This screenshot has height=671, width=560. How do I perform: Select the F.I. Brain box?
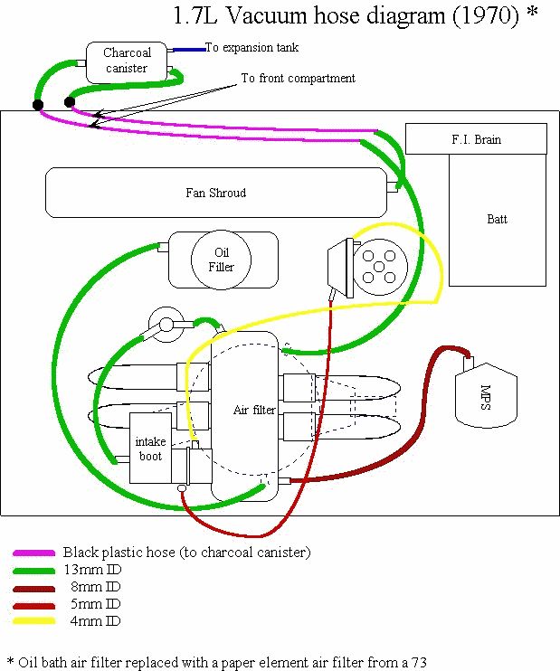tap(476, 140)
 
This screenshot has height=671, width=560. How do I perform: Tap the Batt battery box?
tap(498, 219)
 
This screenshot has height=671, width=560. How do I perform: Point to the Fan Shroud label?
tap(215, 193)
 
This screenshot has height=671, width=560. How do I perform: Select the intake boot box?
tap(150, 448)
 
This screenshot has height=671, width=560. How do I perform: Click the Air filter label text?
tap(254, 410)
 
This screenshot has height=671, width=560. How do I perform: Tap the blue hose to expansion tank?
tap(189, 50)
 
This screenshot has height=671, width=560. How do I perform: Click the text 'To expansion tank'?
tap(252, 47)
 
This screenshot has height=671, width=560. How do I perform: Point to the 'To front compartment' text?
tap(298, 79)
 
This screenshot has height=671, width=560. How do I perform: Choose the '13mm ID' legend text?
tap(91, 570)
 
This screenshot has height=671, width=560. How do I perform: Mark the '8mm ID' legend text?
tap(95, 587)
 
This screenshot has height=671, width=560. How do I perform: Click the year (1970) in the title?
tap(478, 15)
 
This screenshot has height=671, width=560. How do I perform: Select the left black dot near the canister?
tap(38, 105)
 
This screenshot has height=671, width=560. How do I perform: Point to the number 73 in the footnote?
tap(418, 661)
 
